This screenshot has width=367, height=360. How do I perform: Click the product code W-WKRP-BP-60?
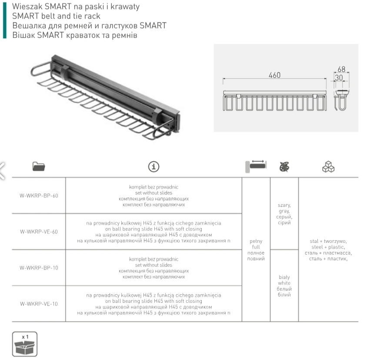coord(39,195)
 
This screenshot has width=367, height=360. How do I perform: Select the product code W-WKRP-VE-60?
coord(39,231)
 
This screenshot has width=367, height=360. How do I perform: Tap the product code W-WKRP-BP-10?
coord(39,268)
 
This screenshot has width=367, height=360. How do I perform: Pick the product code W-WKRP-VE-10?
coord(39,304)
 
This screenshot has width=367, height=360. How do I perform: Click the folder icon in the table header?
coord(39,166)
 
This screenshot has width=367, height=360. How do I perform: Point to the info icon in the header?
coord(153,166)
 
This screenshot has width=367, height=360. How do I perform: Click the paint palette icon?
coord(284,166)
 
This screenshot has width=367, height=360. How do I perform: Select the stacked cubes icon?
coord(328,166)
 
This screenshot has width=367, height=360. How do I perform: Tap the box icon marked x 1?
coord(24,344)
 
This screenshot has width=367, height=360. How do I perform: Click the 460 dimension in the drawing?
coord(274,75)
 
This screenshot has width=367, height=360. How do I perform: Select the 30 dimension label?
coord(339,77)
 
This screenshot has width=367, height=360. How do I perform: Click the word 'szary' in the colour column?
coord(284,205)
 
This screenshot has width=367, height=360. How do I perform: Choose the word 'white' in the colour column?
coord(284,283)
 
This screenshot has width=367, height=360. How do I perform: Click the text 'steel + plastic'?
coord(328,247)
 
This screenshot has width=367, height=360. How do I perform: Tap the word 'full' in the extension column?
coord(256,247)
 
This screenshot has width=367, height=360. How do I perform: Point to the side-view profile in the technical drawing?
coord(342,100)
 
